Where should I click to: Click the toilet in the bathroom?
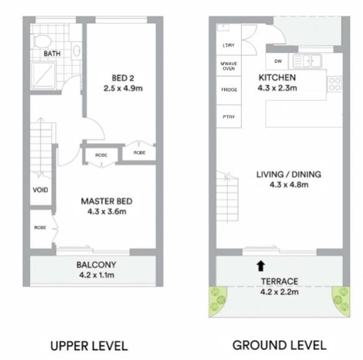[42, 42]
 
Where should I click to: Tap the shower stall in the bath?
[44, 75]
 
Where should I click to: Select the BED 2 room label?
[123, 78]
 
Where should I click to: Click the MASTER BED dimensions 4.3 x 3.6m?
[107, 211]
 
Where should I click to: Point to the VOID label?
[40, 190]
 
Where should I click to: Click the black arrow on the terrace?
[261, 266]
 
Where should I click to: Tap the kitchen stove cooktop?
[335, 84]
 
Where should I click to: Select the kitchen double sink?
[308, 61]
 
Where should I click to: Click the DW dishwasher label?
[278, 61]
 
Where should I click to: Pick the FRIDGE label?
[229, 90]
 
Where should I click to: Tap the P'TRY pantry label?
[229, 117]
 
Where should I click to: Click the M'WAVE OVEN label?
[229, 66]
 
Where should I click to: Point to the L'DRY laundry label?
[229, 45]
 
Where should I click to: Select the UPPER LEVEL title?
[89, 346]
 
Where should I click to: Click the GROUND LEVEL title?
[280, 345]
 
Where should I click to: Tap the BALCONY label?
[97, 265]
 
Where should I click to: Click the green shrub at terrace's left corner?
[218, 301]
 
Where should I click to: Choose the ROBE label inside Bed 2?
[139, 153]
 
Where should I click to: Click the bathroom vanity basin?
[77, 50]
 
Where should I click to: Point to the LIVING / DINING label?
[289, 174]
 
